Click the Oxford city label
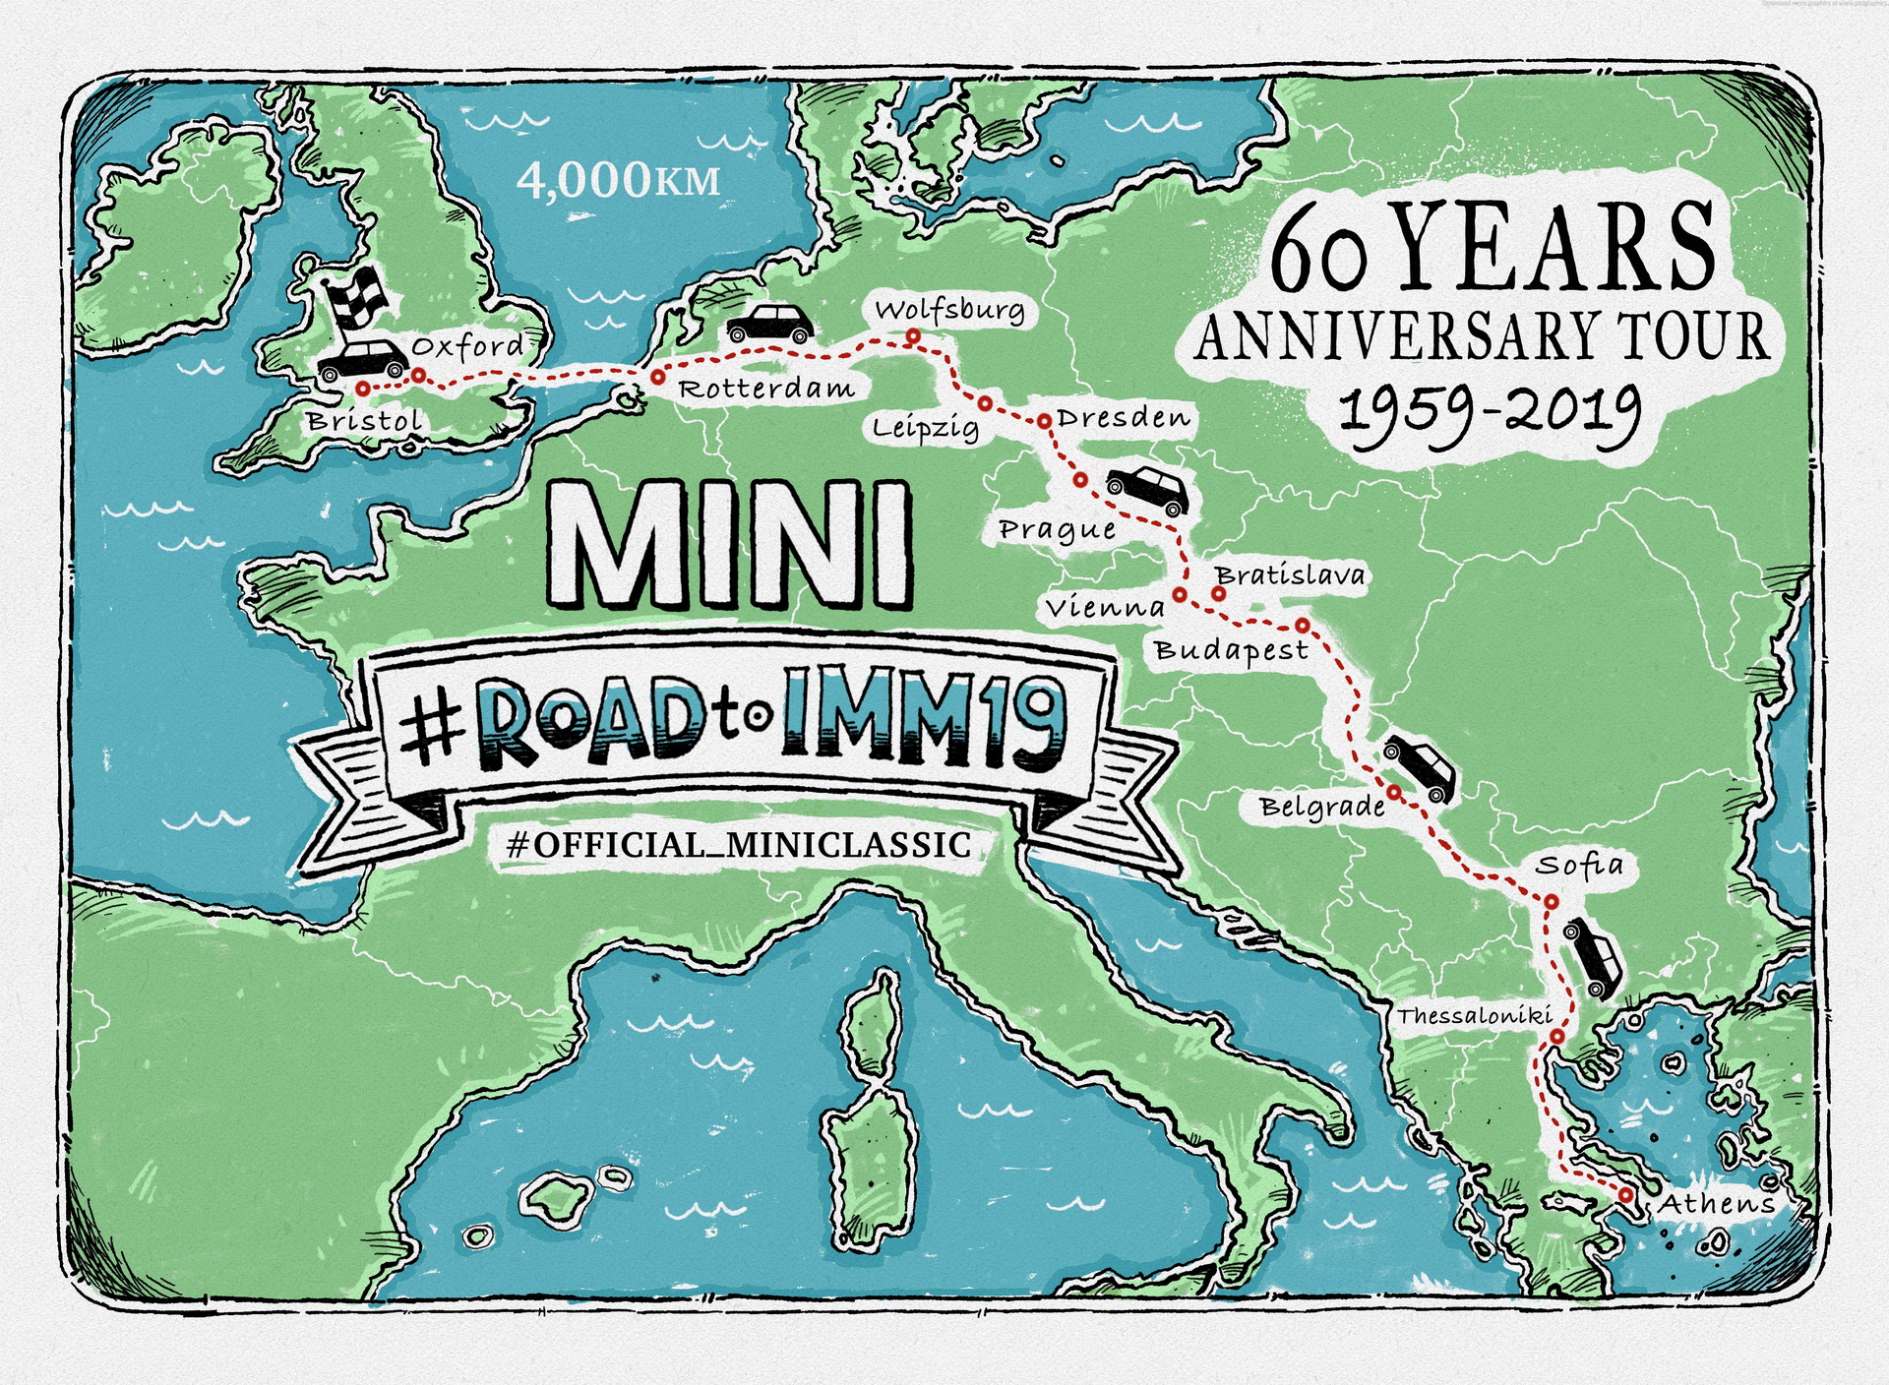coord(467,346)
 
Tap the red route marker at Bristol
coord(363,389)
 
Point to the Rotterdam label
coord(766,389)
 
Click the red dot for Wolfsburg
coord(913,336)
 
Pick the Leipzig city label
coord(926,428)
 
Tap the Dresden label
coord(1124,418)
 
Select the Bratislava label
coord(1290,574)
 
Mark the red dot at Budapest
coord(1302,625)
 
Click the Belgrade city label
coord(1322,808)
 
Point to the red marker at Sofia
coord(1551,901)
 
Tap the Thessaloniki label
coord(1474,1015)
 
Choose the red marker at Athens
coord(1626,1194)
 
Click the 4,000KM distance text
coord(618,180)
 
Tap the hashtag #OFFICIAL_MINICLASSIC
coord(738,845)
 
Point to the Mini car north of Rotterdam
coord(770,323)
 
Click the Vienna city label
coord(1105,608)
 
